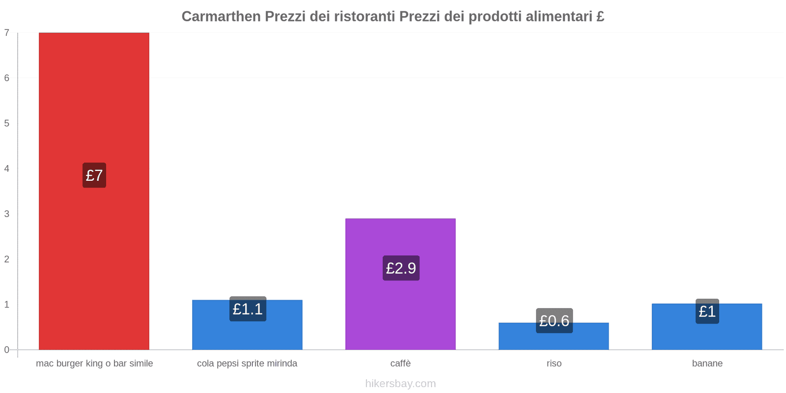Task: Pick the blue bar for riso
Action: pyautogui.click(x=554, y=341)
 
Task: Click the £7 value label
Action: pyautogui.click(x=94, y=175)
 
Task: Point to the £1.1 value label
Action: pyautogui.click(x=248, y=309)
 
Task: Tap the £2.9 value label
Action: pyautogui.click(x=401, y=268)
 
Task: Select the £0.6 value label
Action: pyautogui.click(x=554, y=321)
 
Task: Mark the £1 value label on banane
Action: pyautogui.click(x=707, y=311)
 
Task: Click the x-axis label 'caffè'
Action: pyautogui.click(x=400, y=364)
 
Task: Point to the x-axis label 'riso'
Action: pyautogui.click(x=554, y=364)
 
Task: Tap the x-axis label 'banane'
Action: pyautogui.click(x=707, y=364)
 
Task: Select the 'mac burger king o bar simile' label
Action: pyautogui.click(x=94, y=364)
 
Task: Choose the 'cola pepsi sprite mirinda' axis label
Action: pyautogui.click(x=247, y=364)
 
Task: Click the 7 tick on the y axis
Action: pyautogui.click(x=7, y=33)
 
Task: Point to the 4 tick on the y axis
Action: pyautogui.click(x=7, y=168)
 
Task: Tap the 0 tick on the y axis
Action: pyautogui.click(x=7, y=350)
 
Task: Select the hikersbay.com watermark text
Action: pyautogui.click(x=400, y=384)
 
